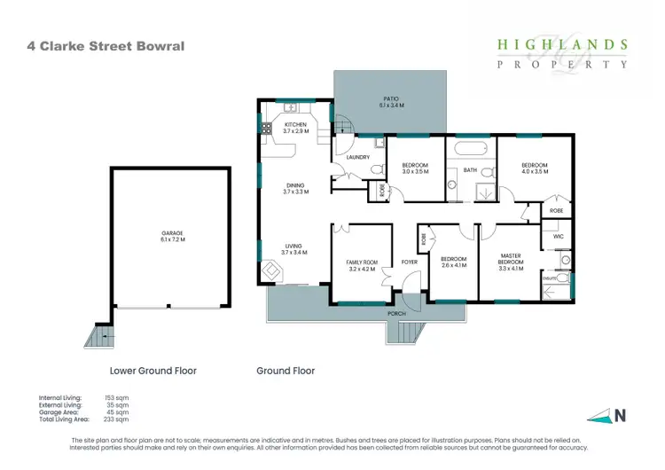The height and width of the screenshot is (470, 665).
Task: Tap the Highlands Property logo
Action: click(562, 53)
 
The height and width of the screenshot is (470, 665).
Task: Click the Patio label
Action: click(393, 102)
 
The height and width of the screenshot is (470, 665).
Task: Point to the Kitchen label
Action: click(295, 128)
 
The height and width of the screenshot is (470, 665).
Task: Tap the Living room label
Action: click(294, 249)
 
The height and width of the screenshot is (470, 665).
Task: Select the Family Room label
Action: click(362, 265)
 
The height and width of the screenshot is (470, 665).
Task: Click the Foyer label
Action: click(409, 262)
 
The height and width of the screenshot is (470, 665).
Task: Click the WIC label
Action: click(558, 237)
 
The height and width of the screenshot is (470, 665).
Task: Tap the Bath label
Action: click(470, 169)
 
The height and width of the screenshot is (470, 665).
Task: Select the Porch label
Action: click(395, 314)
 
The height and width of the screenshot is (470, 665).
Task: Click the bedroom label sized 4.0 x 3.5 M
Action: click(534, 168)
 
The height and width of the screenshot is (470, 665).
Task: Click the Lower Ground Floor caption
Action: click(153, 371)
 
